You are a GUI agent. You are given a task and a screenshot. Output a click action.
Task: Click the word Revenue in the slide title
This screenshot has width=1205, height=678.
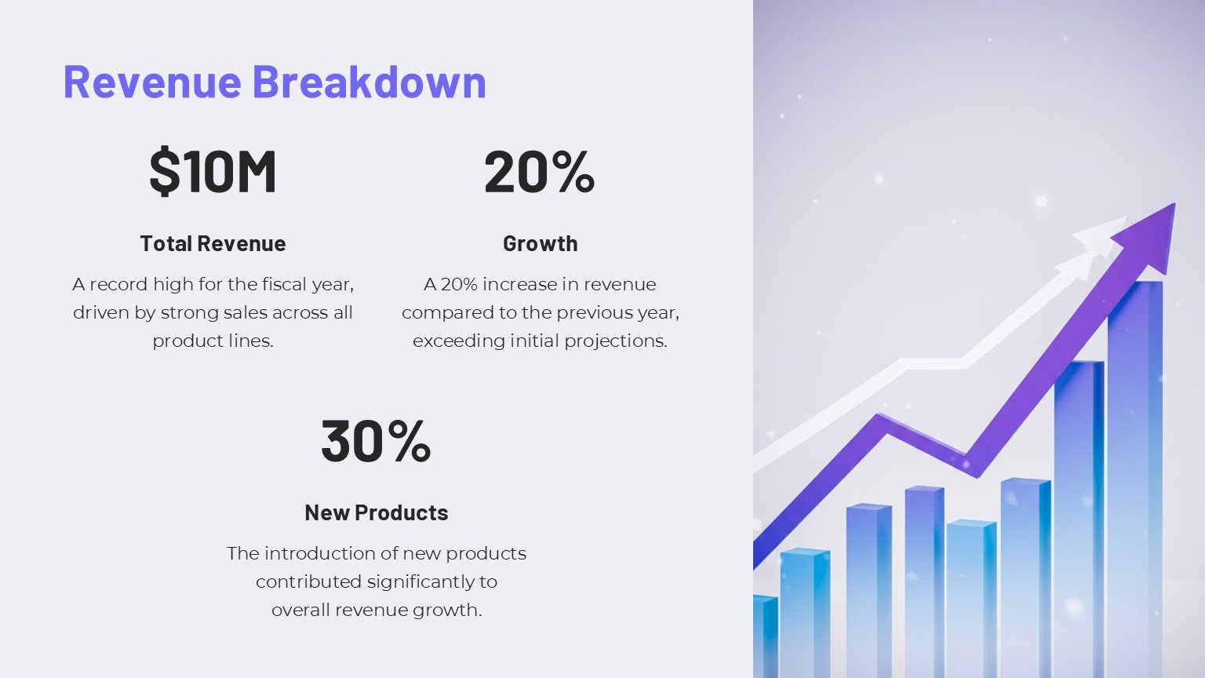(152, 82)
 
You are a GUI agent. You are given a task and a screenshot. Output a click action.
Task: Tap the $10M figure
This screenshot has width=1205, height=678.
(213, 171)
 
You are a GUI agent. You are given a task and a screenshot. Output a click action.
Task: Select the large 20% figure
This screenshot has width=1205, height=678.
(540, 171)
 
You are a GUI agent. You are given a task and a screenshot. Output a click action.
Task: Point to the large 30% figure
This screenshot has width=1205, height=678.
(376, 440)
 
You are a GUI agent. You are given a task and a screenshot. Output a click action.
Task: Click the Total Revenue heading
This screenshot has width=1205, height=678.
(213, 243)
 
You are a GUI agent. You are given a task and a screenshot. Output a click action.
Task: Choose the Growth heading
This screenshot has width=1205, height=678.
(540, 243)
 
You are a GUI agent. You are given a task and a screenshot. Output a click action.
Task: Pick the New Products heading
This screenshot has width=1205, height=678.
(376, 512)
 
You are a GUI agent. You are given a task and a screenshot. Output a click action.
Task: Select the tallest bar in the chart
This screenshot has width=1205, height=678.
(1134, 471)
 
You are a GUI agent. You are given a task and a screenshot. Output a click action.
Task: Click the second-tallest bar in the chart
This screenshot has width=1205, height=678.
(1079, 510)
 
